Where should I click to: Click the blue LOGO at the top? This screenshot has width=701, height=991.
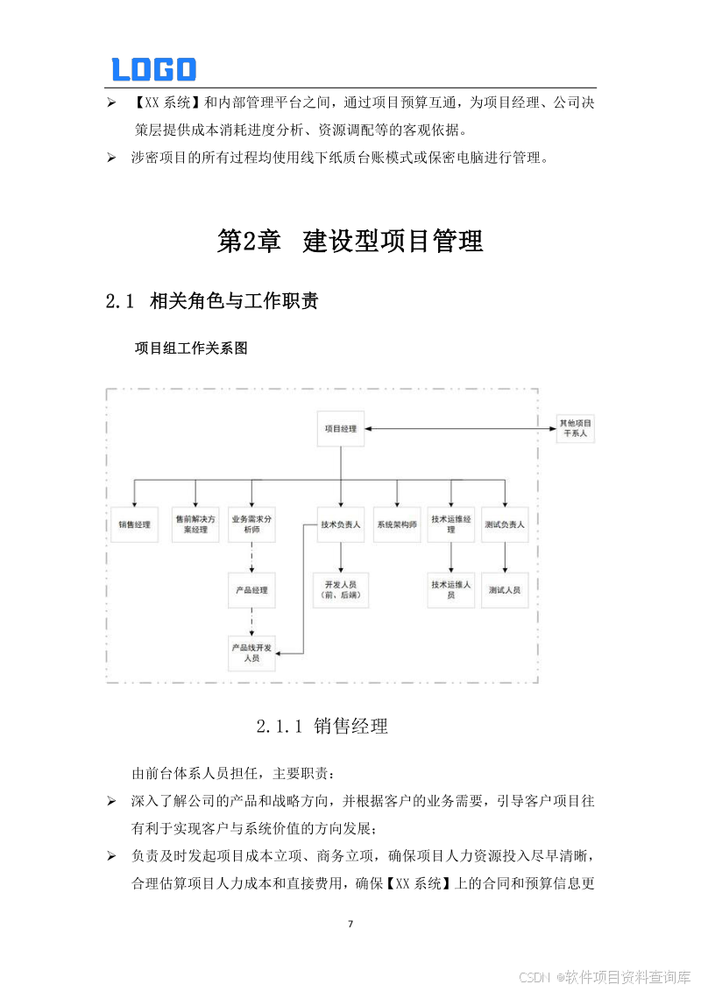(153, 69)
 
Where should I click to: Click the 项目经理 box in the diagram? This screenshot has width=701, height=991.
(340, 429)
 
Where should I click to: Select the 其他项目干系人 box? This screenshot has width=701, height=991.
(575, 428)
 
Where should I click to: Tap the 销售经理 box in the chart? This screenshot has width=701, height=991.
(134, 524)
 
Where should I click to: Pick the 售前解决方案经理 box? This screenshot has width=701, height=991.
(195, 524)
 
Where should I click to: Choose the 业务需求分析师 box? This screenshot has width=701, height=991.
(251, 524)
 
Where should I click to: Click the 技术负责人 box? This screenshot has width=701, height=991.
(340, 524)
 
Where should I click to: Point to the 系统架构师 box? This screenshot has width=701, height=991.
(397, 524)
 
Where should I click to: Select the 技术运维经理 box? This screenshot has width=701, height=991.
(451, 524)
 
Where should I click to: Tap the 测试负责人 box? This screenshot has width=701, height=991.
(505, 524)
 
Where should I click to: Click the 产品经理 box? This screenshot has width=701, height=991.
(251, 590)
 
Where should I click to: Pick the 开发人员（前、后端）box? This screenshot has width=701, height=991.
(340, 589)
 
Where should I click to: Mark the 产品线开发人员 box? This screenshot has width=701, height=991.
(251, 652)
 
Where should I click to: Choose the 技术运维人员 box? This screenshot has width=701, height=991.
(451, 589)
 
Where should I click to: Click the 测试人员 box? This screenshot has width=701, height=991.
(505, 590)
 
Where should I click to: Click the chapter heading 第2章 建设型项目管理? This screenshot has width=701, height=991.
(350, 241)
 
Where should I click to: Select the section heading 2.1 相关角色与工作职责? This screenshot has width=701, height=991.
(211, 302)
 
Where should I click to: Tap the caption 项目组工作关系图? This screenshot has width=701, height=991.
(191, 348)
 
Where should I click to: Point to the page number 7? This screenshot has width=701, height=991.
(350, 924)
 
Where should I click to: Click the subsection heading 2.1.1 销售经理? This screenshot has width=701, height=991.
(322, 726)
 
